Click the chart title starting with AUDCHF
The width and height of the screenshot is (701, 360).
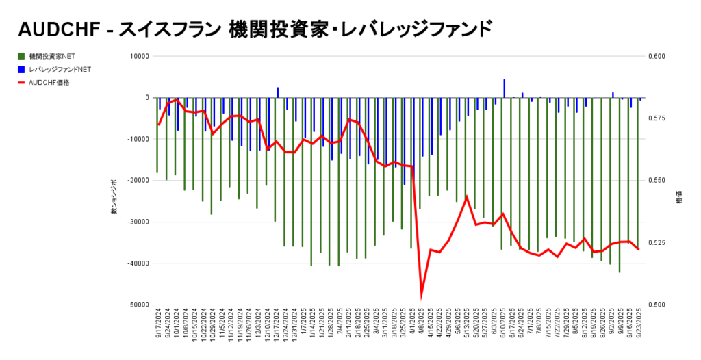pyautogui.click(x=255, y=29)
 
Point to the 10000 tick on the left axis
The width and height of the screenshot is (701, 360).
pyautogui.click(x=140, y=56)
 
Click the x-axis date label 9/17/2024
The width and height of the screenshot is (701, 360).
pyautogui.click(x=158, y=325)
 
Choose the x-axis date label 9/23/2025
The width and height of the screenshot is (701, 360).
pyautogui.click(x=639, y=325)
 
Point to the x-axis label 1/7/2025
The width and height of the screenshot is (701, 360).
pyautogui.click(x=303, y=324)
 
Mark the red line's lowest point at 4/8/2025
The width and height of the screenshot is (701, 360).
pyautogui.click(x=421, y=296)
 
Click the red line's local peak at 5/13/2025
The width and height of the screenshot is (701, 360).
pyautogui.click(x=466, y=197)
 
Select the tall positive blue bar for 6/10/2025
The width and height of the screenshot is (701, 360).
pyautogui.click(x=505, y=88)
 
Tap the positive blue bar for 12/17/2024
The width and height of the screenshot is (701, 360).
pyautogui.click(x=277, y=92)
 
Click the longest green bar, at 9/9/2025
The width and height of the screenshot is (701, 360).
pyautogui.click(x=620, y=185)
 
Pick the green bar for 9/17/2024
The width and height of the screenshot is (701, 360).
pyautogui.click(x=157, y=135)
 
